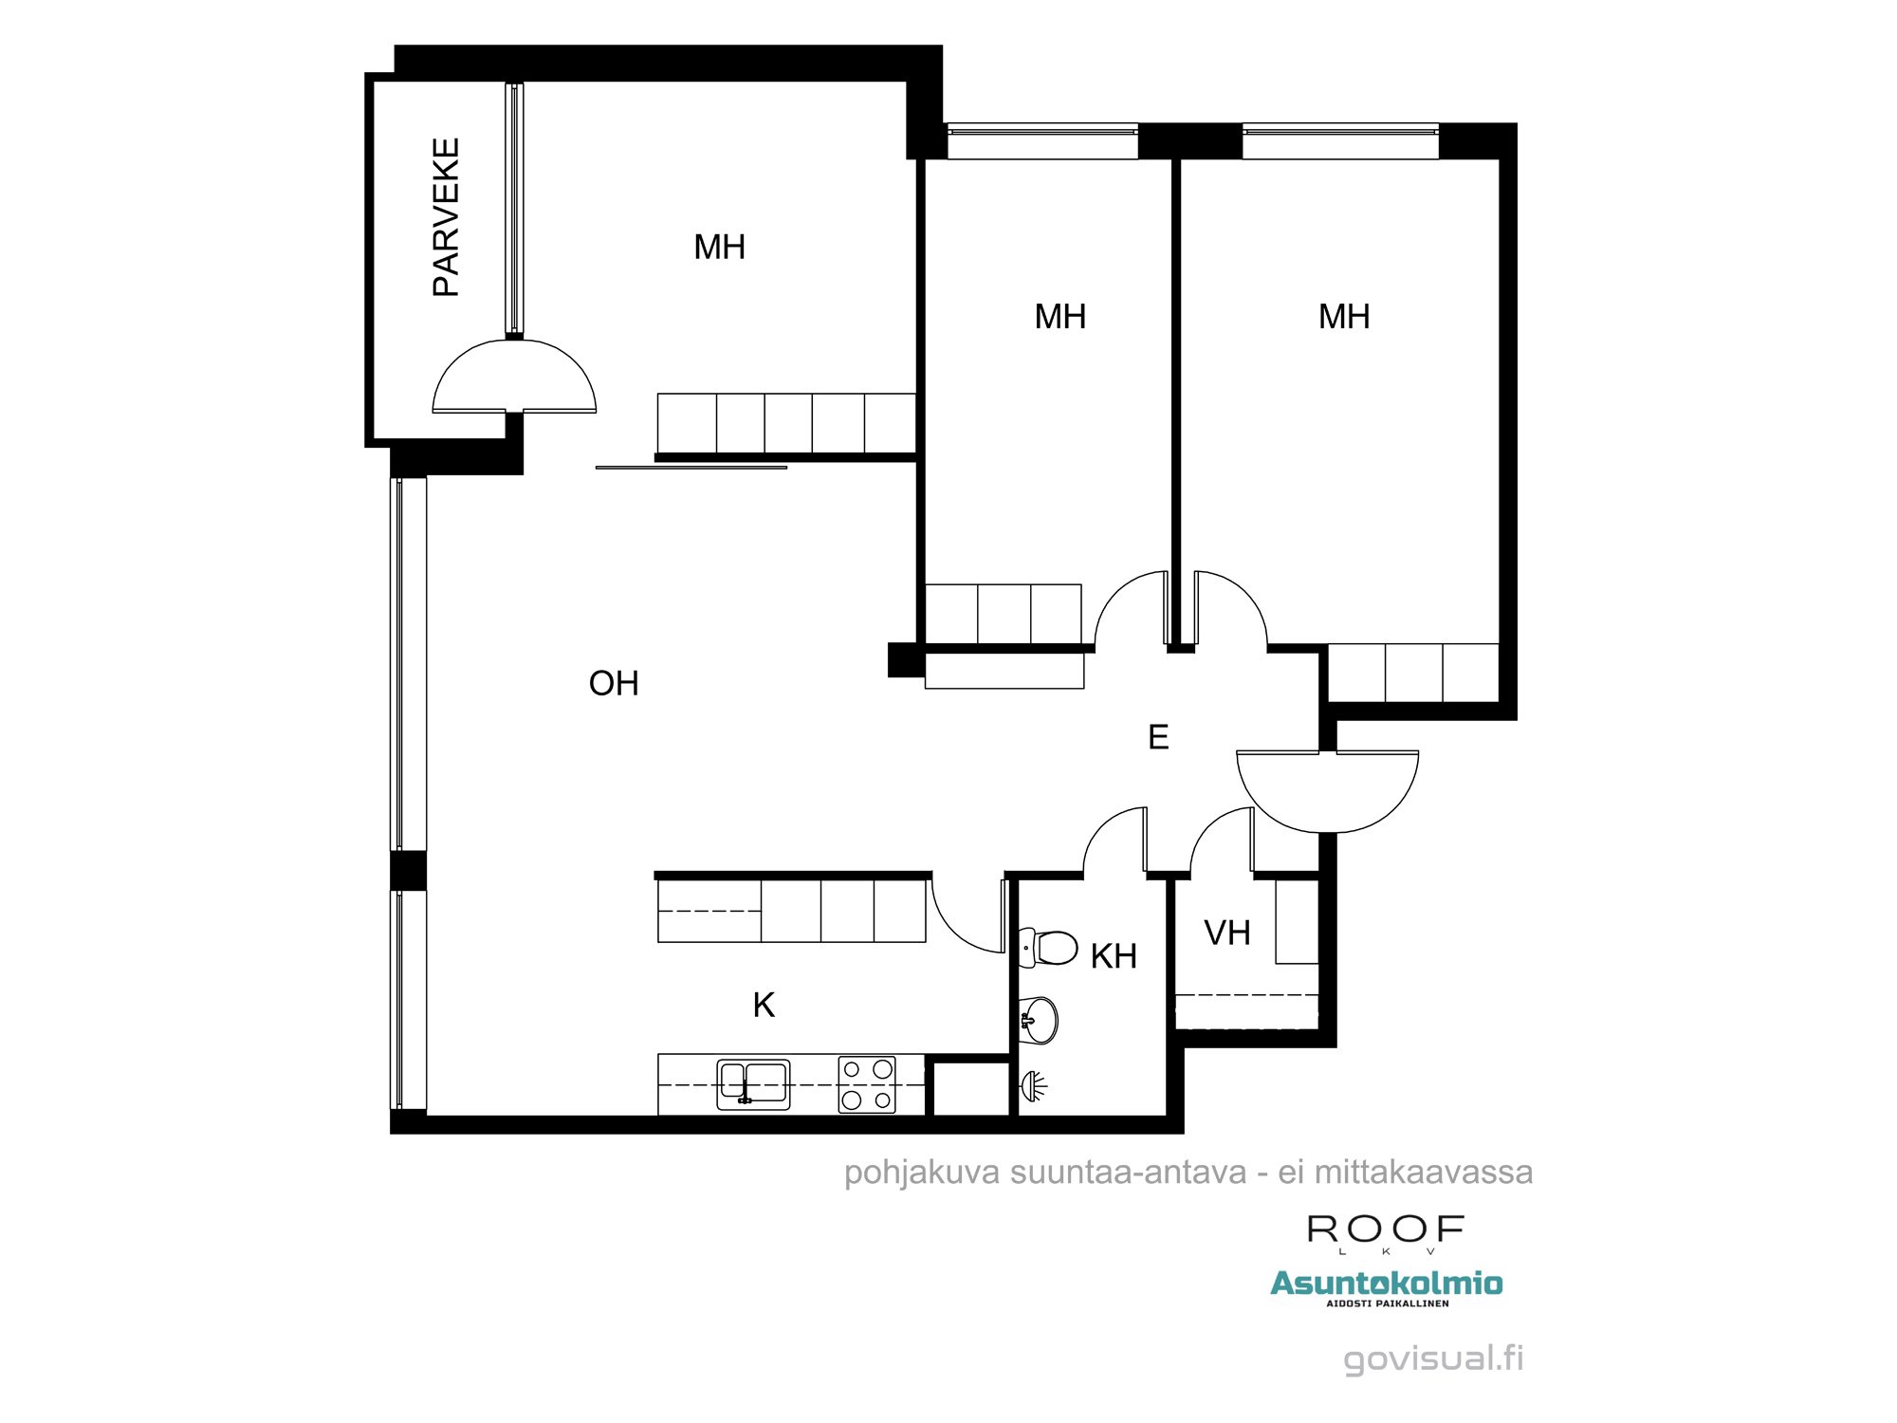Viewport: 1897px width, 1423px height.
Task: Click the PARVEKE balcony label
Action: pos(446,217)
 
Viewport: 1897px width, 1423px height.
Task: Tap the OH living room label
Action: pos(614,684)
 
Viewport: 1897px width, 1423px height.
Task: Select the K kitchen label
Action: pos(764,1006)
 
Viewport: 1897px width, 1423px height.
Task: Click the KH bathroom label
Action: pos(1114,957)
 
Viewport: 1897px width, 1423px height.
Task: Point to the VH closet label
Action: pos(1227,933)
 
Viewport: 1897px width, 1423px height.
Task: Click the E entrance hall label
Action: pos(1158,738)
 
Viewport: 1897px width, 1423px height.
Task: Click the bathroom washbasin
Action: pos(1040,1020)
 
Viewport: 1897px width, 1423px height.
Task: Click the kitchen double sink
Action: pos(753,1083)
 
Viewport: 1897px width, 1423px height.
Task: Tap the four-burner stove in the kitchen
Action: pos(867,1084)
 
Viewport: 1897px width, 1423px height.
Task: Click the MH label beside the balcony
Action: pos(719,248)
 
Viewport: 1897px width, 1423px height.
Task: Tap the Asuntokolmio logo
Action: pos(1386,1284)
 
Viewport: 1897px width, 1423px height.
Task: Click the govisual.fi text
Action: pos(1433,1358)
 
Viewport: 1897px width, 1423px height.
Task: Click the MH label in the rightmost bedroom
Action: pos(1344,317)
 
